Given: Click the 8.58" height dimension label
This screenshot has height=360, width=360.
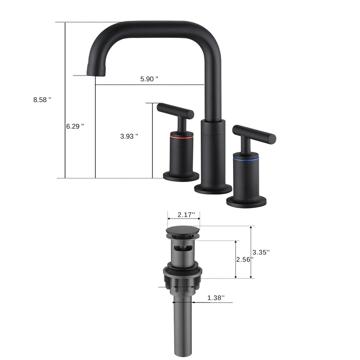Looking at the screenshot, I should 42,100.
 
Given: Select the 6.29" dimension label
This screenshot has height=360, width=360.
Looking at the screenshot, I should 75,126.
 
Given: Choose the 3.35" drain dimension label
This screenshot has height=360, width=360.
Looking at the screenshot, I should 261,252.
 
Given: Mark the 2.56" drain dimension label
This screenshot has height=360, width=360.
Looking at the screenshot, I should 244,259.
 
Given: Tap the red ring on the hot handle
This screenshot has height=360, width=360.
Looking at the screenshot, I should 181,135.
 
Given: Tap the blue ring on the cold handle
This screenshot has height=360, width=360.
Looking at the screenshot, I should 246,160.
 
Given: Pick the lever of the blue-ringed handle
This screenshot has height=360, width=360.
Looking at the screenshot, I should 254,134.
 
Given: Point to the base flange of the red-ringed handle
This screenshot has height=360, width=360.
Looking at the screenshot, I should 181,176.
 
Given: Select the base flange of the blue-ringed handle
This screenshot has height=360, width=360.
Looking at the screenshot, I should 246,202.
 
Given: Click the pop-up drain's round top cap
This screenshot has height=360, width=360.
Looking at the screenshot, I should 183,231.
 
